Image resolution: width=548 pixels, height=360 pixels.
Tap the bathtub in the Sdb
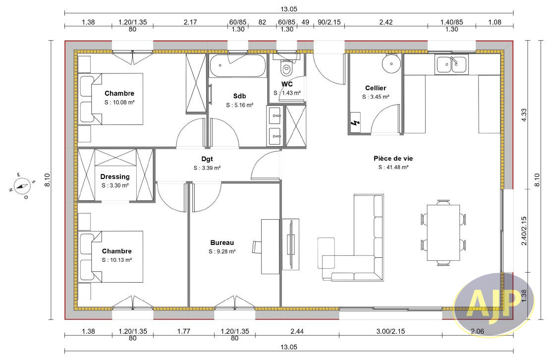coord(238,65)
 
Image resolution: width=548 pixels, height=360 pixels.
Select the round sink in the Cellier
coord(391,63)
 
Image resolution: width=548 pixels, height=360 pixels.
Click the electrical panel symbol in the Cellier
coord(355,122)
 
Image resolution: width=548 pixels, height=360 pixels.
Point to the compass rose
coord(22,185)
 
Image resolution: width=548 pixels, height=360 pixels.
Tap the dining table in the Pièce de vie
coord(443,233)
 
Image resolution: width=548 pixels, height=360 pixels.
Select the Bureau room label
coord(222,242)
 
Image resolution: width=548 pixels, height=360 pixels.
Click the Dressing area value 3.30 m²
coord(115,185)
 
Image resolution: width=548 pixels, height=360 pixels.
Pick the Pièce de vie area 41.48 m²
coord(393,167)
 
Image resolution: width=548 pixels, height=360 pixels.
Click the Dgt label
coord(207,159)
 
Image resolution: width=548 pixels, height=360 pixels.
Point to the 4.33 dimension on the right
coord(524,115)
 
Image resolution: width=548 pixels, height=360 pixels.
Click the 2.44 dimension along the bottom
coord(297,331)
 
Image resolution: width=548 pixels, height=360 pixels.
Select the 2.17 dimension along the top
coord(190,22)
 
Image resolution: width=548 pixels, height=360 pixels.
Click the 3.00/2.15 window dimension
coord(390,331)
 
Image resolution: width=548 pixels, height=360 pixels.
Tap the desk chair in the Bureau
coord(257,246)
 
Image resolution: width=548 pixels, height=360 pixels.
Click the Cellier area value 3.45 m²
coord(376,97)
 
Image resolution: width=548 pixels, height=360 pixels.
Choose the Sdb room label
coord(239,96)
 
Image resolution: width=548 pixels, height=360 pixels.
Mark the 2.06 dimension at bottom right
coord(478,331)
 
